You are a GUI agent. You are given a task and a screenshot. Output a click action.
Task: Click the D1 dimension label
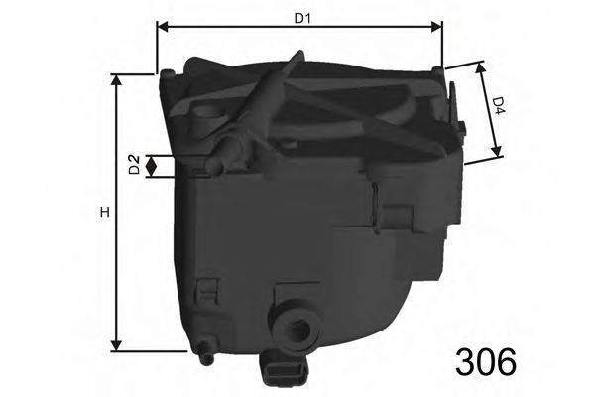[x=298, y=16]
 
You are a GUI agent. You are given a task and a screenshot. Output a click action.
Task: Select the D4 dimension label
[x=499, y=105]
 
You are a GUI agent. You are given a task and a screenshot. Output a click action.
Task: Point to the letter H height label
[x=103, y=214]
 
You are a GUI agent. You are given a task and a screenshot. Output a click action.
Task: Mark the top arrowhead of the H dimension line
[x=119, y=80]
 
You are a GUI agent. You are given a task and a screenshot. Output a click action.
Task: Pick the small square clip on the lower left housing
[x=208, y=291]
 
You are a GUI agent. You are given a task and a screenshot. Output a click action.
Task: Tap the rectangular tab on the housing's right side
[x=398, y=213]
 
